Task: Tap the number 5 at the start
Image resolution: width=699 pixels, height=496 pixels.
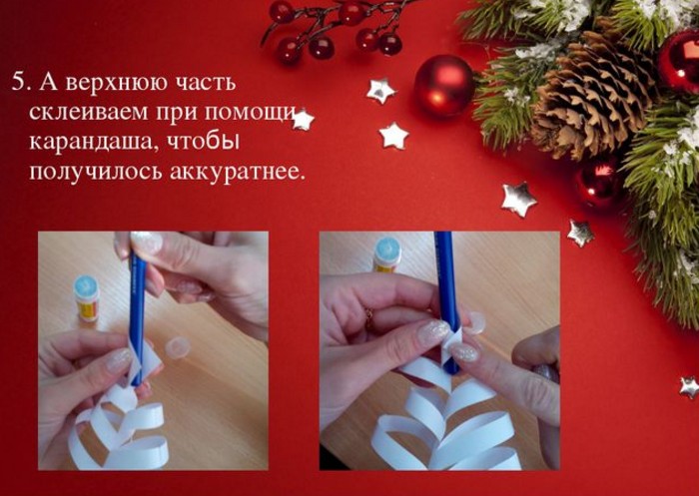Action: click(18, 84)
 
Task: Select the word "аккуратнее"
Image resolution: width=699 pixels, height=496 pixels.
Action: click(239, 172)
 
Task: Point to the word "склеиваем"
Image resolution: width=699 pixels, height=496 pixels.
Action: click(88, 113)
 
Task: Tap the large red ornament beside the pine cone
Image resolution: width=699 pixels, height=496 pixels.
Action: click(444, 86)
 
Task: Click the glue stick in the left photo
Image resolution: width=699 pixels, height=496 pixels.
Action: click(86, 298)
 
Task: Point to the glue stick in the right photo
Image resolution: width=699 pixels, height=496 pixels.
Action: click(387, 254)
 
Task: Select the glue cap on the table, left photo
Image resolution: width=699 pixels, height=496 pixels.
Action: click(177, 347)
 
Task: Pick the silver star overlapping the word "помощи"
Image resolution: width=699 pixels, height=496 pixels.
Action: click(303, 120)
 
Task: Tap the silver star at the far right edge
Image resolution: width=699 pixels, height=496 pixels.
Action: click(690, 387)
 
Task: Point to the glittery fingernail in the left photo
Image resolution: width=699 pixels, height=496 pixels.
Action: click(119, 360)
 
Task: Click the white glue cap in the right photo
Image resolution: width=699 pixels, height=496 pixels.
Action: click(474, 322)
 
